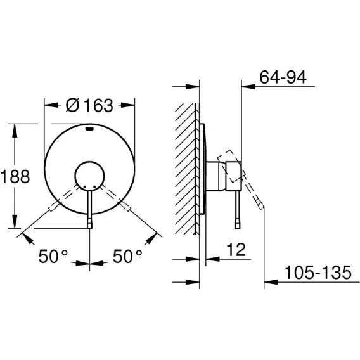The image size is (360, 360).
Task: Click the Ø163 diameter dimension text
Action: pyautogui.click(x=89, y=105)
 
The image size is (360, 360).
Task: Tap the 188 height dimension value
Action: pyautogui.click(x=15, y=177)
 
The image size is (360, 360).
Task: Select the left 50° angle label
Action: pyautogui.click(x=53, y=256)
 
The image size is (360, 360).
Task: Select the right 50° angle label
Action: pyautogui.click(x=127, y=256)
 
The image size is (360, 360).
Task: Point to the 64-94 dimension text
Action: pyautogui.click(x=283, y=77)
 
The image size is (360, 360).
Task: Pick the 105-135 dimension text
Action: pyautogui.click(x=318, y=273)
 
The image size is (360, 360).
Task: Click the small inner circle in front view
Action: pyautogui.click(x=90, y=176)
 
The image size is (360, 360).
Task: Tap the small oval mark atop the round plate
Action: pyautogui.click(x=89, y=129)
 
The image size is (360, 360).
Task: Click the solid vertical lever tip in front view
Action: pyautogui.click(x=90, y=224)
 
